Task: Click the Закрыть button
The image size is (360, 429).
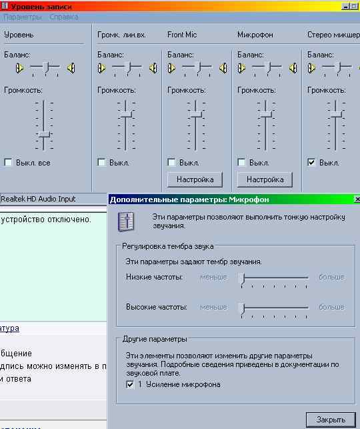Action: click(331, 419)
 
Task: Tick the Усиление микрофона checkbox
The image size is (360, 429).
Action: click(130, 384)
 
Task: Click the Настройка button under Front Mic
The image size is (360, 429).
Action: click(195, 179)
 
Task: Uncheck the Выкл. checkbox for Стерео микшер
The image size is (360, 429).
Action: click(311, 162)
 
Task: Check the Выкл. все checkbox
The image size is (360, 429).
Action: click(8, 162)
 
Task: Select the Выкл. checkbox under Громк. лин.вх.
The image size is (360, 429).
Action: click(101, 162)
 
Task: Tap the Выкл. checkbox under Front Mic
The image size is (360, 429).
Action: click(171, 162)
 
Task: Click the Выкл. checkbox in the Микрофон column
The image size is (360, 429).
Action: click(241, 162)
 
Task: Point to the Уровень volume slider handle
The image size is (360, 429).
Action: click(44, 134)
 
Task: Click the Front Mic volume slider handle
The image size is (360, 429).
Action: click(196, 114)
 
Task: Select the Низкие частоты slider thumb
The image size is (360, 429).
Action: click(241, 278)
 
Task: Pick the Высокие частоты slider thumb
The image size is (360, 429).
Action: click(241, 308)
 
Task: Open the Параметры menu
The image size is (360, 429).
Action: click(23, 17)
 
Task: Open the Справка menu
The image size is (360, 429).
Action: click(64, 17)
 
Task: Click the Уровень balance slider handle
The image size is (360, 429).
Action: click(45, 67)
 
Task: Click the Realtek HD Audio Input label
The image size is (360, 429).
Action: click(38, 199)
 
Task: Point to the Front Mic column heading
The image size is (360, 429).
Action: click(182, 35)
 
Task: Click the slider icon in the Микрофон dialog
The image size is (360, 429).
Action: click(126, 222)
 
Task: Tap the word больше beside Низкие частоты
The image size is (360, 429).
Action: click(331, 277)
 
